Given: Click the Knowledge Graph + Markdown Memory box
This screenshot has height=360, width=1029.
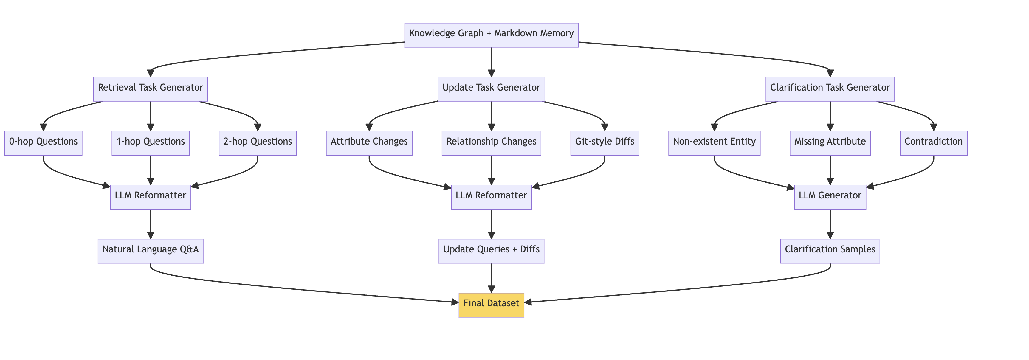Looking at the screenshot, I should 491,35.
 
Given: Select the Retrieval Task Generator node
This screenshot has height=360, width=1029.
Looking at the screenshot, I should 150,89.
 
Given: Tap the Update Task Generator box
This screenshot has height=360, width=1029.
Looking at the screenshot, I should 491,89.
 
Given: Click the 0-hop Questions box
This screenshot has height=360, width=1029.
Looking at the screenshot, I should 43,143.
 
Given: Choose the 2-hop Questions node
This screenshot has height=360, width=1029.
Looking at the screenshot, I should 258,143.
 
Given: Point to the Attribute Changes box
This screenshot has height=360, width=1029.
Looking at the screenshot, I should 369,143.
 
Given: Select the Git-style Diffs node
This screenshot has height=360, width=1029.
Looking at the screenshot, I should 605,143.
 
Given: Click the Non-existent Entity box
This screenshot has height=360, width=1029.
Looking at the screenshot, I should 714,143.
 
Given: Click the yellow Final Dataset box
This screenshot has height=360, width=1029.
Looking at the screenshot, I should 491,305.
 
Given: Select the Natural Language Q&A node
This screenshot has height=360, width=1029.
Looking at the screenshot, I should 150,251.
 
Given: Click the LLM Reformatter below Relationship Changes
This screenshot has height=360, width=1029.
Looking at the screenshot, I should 491,197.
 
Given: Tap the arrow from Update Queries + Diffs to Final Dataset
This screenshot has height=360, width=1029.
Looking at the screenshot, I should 491,278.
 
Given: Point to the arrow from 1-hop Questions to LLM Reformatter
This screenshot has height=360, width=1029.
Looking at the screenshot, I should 151,170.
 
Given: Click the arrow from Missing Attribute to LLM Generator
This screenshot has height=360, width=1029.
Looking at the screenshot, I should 830,170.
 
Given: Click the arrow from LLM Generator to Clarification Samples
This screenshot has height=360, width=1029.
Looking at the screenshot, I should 830,224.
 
